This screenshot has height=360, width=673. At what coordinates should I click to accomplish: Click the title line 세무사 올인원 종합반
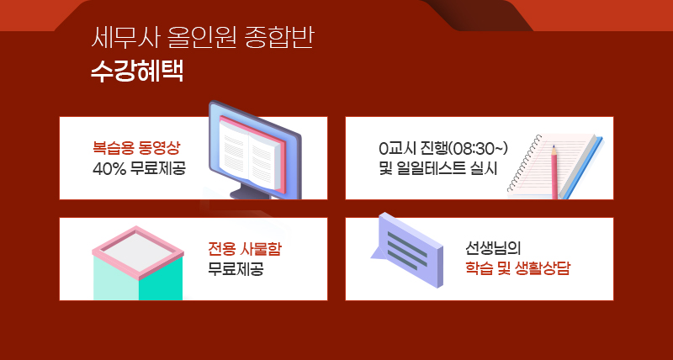coord(202,39)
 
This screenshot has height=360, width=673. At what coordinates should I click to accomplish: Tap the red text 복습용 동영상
coord(136,148)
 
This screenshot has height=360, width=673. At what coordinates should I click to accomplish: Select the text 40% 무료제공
coord(139,168)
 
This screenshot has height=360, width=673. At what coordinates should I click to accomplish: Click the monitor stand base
coord(250,194)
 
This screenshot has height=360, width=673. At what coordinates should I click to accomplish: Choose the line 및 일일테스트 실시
coord(437,168)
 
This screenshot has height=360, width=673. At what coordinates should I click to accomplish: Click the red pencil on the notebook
coord(554,172)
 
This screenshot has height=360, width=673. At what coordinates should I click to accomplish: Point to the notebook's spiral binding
coord(523,163)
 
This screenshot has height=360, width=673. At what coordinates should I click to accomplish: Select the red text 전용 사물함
coord(245,249)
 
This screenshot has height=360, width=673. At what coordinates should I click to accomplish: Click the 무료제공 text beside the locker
coord(236,269)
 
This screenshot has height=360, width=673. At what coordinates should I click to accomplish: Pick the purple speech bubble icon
coord(407,250)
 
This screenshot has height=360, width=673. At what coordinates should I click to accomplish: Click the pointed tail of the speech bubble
coord(372,257)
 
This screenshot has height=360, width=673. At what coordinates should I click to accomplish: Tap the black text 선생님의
coord(493,249)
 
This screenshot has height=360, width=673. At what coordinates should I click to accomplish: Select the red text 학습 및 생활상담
coord(517,269)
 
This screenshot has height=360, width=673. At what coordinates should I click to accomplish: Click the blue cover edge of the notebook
coord(584,168)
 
